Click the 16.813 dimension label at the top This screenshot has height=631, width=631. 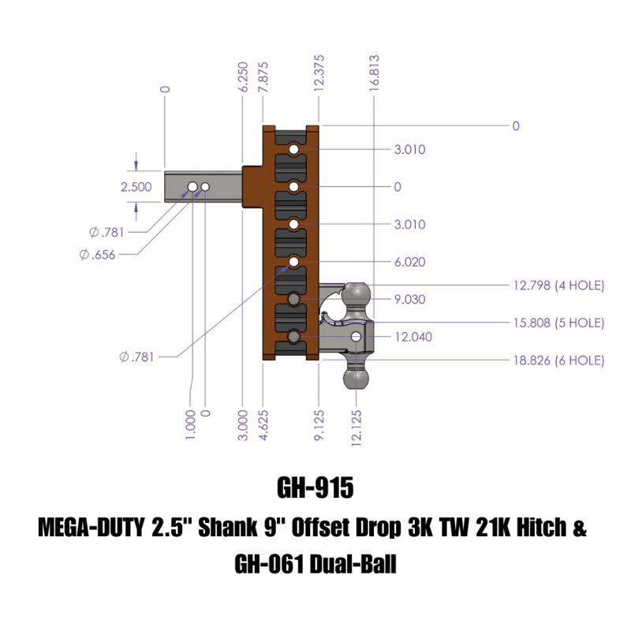click(x=374, y=73)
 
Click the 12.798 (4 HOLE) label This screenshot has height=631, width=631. click(x=558, y=285)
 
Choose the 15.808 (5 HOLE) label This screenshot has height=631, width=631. click(x=558, y=323)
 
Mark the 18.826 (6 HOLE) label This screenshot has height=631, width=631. click(x=558, y=360)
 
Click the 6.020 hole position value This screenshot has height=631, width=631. click(x=409, y=262)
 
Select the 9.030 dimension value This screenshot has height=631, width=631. click(x=409, y=299)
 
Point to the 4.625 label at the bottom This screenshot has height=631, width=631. click(x=263, y=425)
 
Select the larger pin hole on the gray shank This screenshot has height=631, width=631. click(x=192, y=186)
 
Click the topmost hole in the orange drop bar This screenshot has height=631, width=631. click(x=294, y=149)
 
